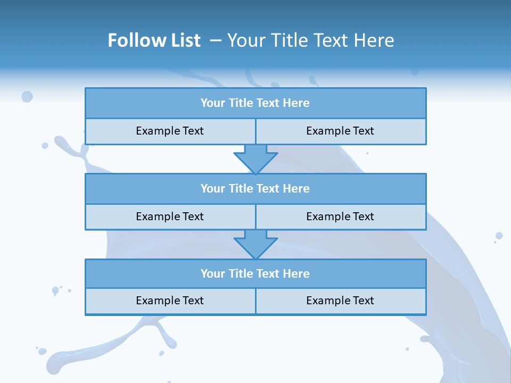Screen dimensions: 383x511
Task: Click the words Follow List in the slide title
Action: (x=154, y=40)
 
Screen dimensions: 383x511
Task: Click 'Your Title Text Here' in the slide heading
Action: (x=311, y=40)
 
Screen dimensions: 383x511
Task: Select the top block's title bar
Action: (x=256, y=103)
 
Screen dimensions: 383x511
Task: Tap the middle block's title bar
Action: (x=256, y=188)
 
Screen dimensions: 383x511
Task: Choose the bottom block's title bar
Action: (x=256, y=273)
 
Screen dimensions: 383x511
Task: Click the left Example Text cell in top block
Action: (x=170, y=131)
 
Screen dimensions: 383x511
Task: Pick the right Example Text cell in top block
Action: (x=341, y=131)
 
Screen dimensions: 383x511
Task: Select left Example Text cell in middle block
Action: (x=170, y=217)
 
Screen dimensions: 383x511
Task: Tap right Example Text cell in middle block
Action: (x=341, y=217)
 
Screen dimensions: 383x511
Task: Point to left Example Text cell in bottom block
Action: (x=170, y=301)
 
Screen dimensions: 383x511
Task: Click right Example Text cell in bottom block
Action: (x=341, y=301)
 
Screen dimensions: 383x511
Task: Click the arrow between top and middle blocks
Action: (x=256, y=159)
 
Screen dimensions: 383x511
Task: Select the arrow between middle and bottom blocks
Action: (x=256, y=244)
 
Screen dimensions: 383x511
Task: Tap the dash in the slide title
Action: (x=216, y=40)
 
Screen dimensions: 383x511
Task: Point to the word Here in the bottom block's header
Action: (x=296, y=273)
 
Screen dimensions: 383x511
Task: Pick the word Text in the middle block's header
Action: (x=268, y=188)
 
